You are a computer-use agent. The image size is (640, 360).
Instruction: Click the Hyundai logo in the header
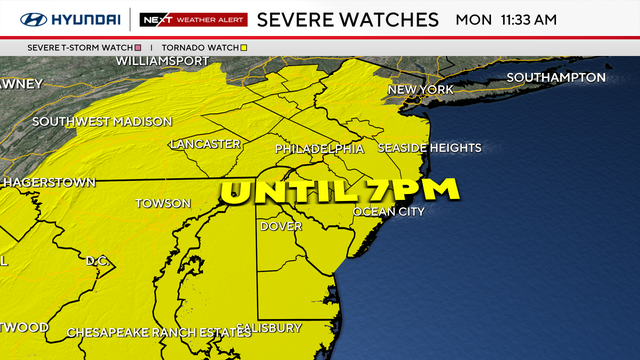pyautogui.click(x=70, y=19)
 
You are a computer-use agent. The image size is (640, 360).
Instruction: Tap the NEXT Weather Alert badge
pyautogui.click(x=189, y=19)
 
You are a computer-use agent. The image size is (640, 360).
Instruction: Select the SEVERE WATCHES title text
pyautogui.click(x=347, y=19)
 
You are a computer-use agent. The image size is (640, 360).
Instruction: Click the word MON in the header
pyautogui.click(x=473, y=19)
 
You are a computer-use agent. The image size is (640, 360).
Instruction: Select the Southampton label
pyautogui.click(x=556, y=77)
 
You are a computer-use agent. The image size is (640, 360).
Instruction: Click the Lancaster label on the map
pyautogui.click(x=205, y=144)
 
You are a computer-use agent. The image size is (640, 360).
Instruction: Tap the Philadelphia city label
pyautogui.click(x=320, y=149)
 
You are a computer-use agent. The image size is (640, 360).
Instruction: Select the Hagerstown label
pyautogui.click(x=50, y=182)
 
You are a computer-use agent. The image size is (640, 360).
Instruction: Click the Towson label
pyautogui.click(x=163, y=203)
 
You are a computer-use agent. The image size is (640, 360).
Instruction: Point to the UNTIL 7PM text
pyautogui.click(x=339, y=189)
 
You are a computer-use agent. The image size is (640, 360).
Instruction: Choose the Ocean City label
pyautogui.click(x=389, y=212)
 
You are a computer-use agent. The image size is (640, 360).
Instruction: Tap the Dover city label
pyautogui.click(x=281, y=226)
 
